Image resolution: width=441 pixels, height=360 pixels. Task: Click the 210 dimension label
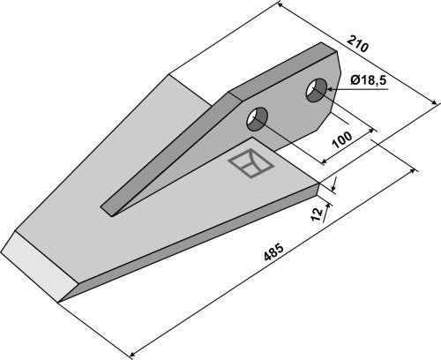coord(357,43)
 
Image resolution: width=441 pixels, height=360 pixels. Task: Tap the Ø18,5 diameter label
coord(369,79)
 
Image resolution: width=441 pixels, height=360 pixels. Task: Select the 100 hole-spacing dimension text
coord(341,139)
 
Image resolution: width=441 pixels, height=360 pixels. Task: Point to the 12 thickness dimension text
coord(317,214)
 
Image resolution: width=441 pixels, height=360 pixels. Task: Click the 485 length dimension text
coord(273,251)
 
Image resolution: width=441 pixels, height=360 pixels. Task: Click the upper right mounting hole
coord(317,90)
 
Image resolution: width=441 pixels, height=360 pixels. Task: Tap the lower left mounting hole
coord(258,119)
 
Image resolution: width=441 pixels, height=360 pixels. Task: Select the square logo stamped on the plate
coord(251,163)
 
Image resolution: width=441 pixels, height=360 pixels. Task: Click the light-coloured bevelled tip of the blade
coord(38,266)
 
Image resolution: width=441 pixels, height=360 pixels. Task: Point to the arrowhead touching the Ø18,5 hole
coord(329,89)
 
